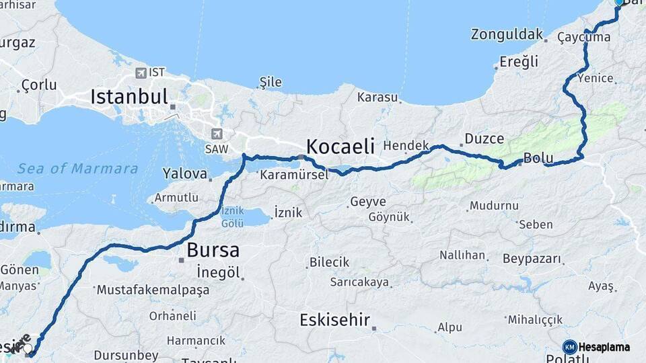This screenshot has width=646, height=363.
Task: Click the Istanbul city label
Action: coord(129,97)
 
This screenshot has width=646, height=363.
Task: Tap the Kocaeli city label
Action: coord(340,146)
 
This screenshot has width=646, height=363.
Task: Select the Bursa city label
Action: coord(213,250)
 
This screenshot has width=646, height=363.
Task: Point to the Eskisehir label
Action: coord(334,320)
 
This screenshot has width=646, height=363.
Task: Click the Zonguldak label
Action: coord(507,34)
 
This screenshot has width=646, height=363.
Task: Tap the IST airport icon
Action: coord(141,73)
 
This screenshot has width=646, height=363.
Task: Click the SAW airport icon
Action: coord(217,134)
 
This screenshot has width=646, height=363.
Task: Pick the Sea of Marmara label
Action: coord(77,168)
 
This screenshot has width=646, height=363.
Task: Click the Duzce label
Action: coord(484,139)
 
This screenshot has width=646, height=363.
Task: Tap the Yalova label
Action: coord(184,173)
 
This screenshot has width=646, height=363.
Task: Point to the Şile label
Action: coord(271,82)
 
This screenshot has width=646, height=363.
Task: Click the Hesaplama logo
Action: coord(596,347)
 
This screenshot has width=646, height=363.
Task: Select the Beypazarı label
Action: coord(532,259)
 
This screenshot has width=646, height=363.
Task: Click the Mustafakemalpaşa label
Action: coord(153,290)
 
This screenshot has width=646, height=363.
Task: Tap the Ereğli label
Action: coord(519,62)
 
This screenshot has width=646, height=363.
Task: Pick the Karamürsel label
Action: coord(294,175)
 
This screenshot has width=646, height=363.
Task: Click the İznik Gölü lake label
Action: coord(233,216)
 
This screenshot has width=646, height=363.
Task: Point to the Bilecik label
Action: coord(329,262)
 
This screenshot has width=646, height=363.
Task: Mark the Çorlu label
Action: coord(39,85)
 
